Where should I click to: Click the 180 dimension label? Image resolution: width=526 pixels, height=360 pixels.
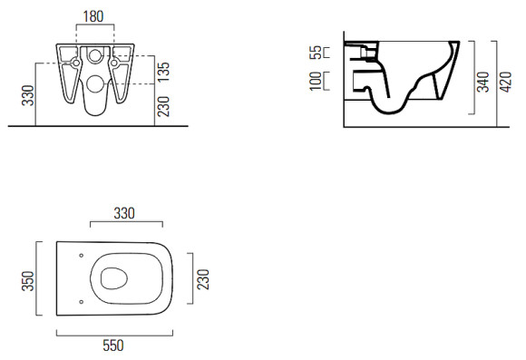point(93,16)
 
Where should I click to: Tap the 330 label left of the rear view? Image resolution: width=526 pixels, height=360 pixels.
point(28,95)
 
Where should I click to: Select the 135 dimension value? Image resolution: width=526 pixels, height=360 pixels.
point(164,72)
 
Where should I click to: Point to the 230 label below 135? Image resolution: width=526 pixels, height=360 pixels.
point(164,106)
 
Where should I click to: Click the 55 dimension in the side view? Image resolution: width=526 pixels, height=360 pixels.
point(316,53)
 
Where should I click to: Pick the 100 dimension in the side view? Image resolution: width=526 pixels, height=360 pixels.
point(316,81)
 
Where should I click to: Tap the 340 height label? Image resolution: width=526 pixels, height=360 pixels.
point(483,82)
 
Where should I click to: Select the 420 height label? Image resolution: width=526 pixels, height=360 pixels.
point(506,82)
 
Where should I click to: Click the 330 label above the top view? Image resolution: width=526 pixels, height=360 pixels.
point(124,213)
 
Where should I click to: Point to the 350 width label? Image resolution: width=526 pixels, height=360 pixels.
point(28,281)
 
